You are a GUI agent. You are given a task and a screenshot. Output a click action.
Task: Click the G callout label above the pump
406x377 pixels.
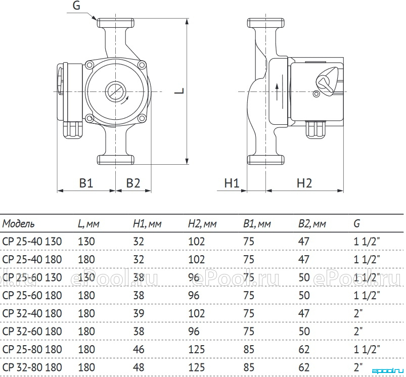(x=76, y=6)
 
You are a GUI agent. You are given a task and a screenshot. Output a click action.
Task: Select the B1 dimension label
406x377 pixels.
(x=86, y=183)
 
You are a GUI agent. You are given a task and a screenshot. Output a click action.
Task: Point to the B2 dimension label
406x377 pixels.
(x=133, y=183)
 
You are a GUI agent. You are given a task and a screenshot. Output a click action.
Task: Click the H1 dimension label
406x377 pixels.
(x=232, y=183)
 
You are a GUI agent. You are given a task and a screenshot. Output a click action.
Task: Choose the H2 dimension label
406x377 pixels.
(x=304, y=183)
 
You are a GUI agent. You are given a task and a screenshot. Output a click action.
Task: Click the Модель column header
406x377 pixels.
(x=18, y=223)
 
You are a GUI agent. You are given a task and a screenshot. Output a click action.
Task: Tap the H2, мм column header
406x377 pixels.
(x=202, y=223)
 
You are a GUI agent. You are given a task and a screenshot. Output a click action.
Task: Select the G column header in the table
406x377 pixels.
(x=357, y=223)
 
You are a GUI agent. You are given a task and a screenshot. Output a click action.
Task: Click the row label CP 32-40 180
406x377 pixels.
(x=32, y=313)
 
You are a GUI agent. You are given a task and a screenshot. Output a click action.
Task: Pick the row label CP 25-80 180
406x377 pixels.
(x=32, y=349)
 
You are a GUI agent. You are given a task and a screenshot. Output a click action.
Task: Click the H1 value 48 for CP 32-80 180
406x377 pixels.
(x=139, y=367)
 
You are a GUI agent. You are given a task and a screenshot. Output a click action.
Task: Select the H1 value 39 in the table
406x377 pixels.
(x=139, y=313)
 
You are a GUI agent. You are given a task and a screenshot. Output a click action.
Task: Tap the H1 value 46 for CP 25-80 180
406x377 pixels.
(x=139, y=349)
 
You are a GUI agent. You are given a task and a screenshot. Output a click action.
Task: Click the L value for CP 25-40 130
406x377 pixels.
(x=86, y=242)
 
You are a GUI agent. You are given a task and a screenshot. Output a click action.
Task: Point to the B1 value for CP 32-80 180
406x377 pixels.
(x=249, y=367)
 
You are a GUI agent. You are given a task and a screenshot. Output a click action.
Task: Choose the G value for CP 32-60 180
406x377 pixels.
(x=358, y=331)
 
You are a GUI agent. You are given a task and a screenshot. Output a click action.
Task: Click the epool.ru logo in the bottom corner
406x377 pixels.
(x=388, y=371)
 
